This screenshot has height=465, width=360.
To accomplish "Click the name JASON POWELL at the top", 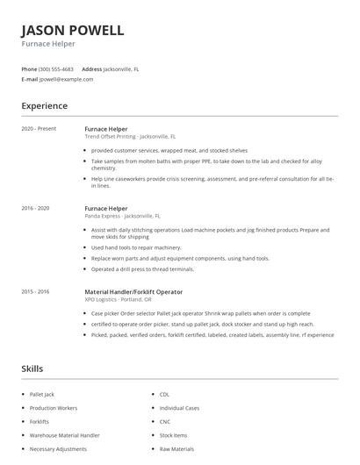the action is click(73, 31).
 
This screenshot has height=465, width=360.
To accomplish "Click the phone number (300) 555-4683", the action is click(57, 68).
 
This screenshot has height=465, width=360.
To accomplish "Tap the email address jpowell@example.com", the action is click(66, 79).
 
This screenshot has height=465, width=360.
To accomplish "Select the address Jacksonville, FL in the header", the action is click(121, 68).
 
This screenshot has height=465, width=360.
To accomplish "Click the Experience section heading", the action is click(44, 106).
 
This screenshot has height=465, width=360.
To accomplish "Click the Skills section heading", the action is click(32, 368).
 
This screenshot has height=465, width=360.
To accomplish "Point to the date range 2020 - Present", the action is click(38, 129).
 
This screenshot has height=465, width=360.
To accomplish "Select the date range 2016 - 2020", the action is click(35, 208).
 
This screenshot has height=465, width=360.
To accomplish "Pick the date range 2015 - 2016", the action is click(35, 291).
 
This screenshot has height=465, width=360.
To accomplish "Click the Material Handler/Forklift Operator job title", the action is click(133, 291).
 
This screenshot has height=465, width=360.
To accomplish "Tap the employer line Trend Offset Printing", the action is click(129, 137).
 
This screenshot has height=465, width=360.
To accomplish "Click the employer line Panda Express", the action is click(122, 216).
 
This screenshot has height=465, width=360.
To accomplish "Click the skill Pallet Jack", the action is click(42, 395).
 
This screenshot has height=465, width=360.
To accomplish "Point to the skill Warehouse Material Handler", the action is click(64, 434).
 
